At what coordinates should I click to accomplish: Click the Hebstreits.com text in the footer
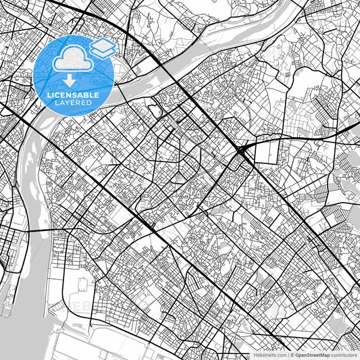click(270, 355)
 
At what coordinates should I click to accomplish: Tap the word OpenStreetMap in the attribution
click(313, 355)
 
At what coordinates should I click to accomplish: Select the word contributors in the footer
click(344, 355)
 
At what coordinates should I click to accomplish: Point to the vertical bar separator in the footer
click(288, 355)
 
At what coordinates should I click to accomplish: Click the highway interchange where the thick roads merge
click(243, 149)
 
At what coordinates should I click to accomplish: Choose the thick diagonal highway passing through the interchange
click(203, 108)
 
